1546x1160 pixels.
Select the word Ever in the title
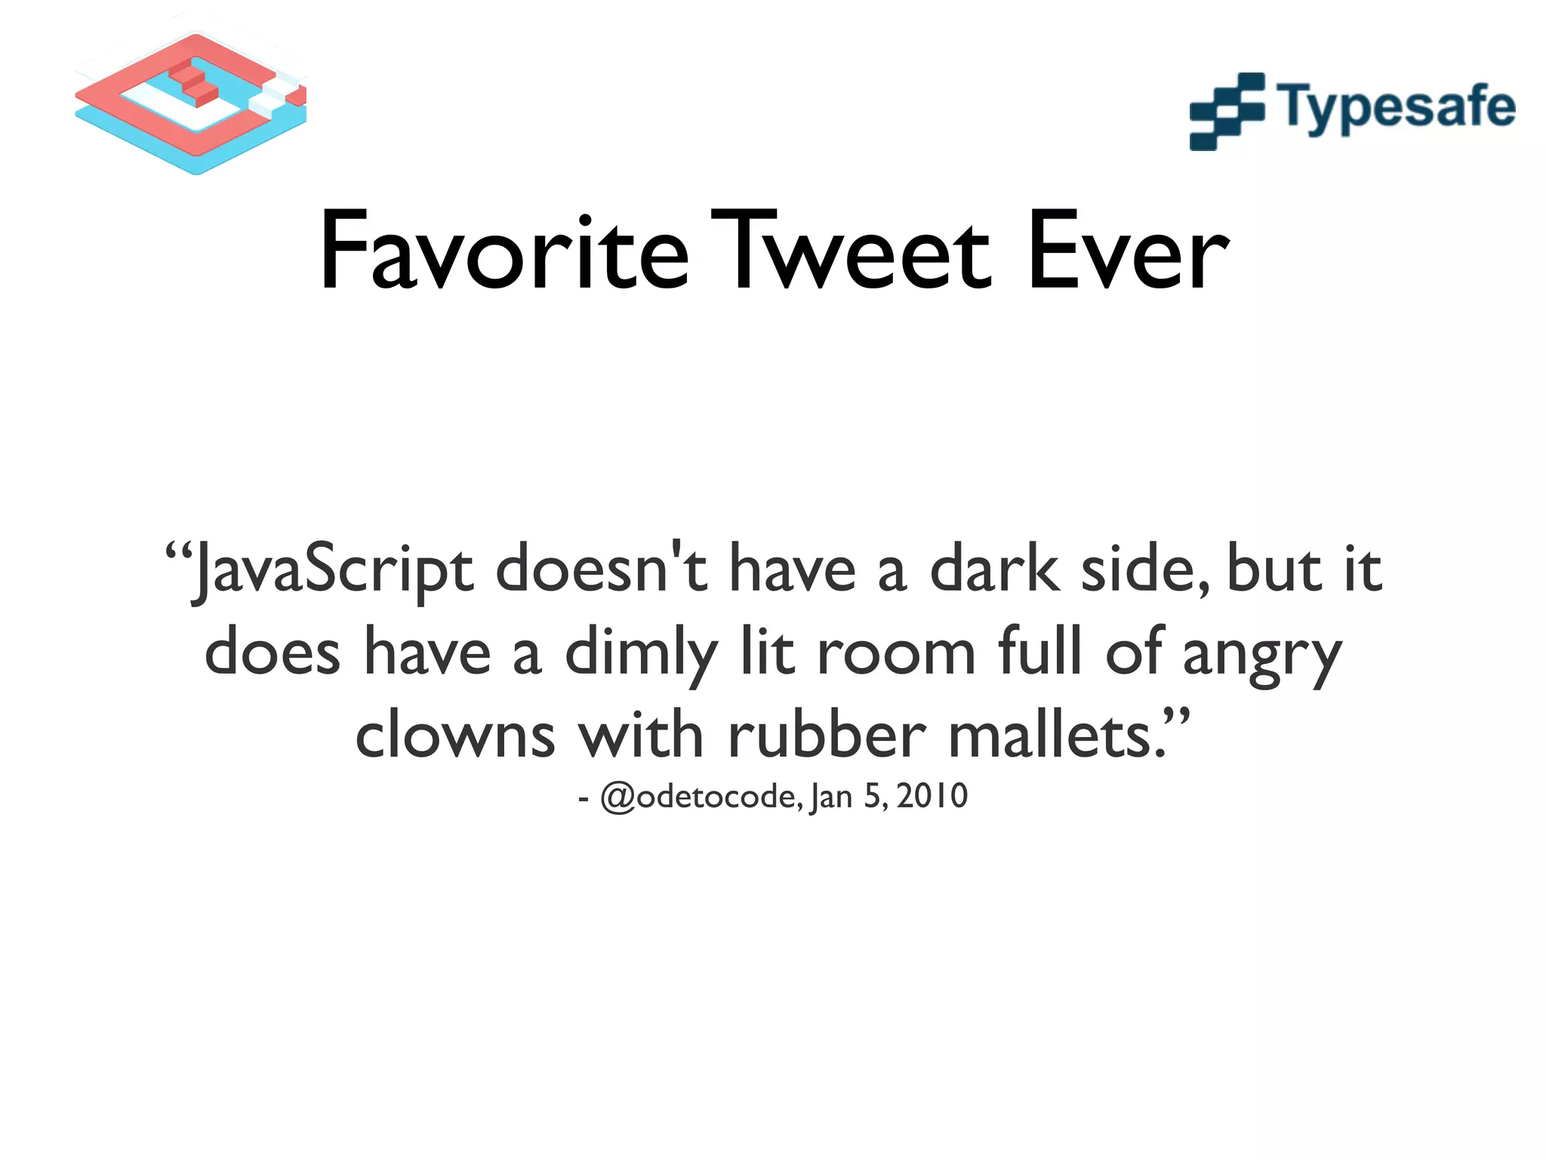[x=1129, y=252]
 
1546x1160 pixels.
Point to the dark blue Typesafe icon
[x=1227, y=111]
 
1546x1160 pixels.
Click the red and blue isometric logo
[x=190, y=102]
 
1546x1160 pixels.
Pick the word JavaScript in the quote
[x=332, y=570]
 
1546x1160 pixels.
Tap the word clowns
[x=455, y=736]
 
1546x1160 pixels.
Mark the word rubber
[x=827, y=734]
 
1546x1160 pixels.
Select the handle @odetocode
[x=701, y=797]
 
